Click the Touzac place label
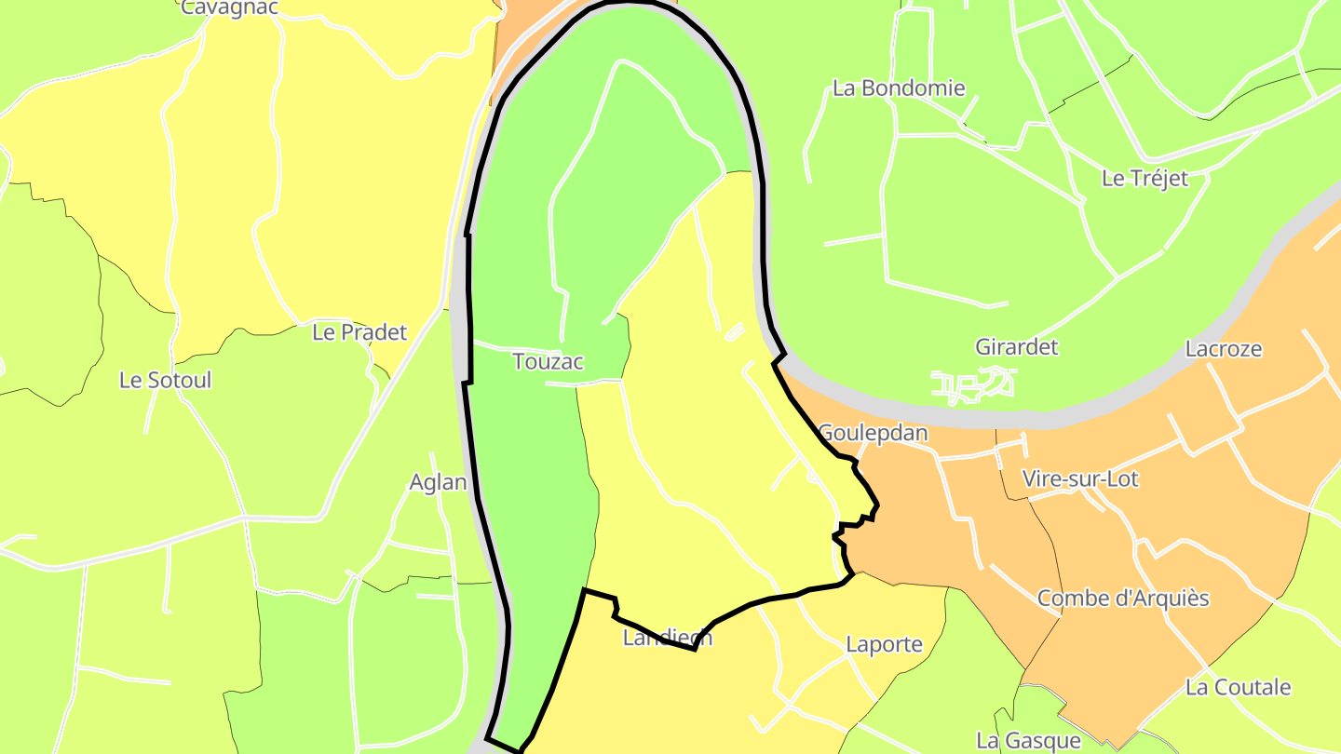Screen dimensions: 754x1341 548,362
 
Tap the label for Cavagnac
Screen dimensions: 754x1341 229,7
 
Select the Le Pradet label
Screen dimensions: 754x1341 359,332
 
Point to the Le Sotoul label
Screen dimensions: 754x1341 166,380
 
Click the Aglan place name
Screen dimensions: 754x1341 438,482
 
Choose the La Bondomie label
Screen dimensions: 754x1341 899,88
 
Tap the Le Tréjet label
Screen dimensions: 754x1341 1145,179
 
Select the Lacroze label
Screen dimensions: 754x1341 1224,349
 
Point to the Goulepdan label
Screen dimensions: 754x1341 873,434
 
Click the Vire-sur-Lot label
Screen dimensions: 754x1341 1080,479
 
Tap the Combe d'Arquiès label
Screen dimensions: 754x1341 1123,599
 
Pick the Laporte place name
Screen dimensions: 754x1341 884,644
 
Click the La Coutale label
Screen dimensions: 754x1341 1238,688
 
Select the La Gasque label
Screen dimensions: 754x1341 1028,741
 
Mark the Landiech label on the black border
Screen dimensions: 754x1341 667,638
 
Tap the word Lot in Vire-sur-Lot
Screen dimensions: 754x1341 1122,479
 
